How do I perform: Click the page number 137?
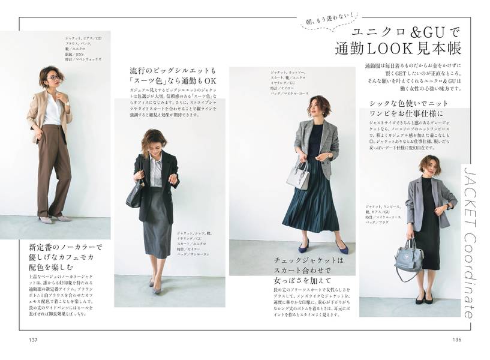33,340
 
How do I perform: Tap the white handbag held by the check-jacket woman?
297,176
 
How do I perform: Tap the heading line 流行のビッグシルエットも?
170,70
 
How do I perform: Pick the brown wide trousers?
53,171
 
